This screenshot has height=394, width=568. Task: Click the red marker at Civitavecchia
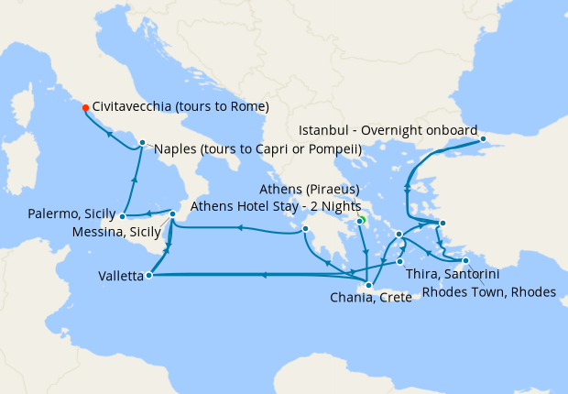85,106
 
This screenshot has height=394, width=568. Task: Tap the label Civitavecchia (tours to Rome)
180,106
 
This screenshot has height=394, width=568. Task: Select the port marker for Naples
142,142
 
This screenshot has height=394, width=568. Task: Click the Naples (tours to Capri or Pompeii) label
257,148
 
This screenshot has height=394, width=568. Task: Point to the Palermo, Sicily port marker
122,217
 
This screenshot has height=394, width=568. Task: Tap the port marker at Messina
173,215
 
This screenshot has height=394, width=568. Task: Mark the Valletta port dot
148,273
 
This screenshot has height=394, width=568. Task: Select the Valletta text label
119,275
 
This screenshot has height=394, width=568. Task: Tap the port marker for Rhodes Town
466,261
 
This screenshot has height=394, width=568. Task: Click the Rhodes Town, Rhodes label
488,293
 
